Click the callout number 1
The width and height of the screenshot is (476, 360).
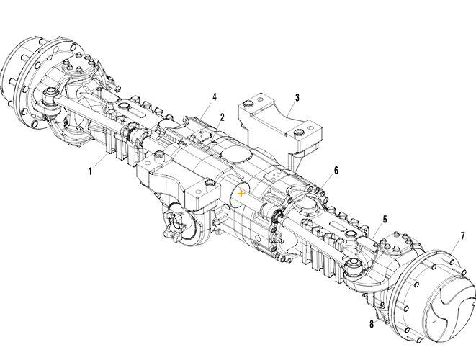coord(91,171)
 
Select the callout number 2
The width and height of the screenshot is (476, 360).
coord(223,117)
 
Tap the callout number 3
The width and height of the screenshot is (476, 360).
coord(297,96)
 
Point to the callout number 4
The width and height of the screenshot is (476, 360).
coord(214,96)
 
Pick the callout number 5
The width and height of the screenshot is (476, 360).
coord(385,219)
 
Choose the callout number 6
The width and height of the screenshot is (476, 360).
coord(336,171)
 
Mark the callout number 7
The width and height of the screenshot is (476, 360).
coord(462,236)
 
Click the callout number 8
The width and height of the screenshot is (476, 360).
coord(372,324)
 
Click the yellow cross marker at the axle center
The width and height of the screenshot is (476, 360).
coord(241,194)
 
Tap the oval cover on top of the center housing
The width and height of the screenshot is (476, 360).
coord(233,153)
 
